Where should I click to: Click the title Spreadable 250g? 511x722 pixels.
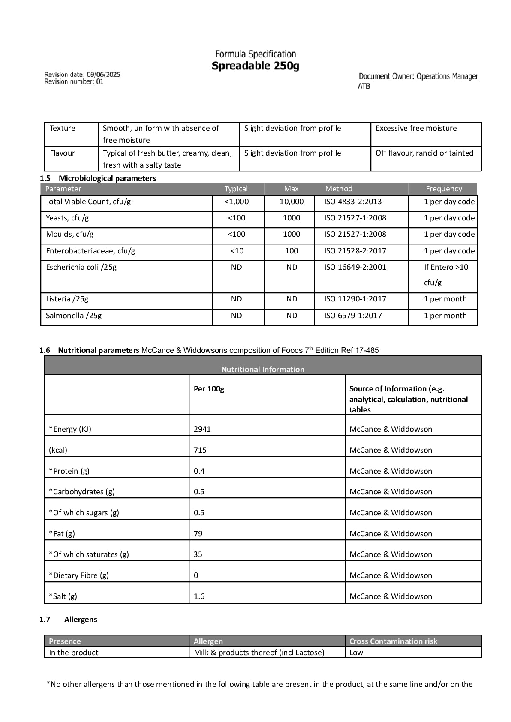(x=255, y=66)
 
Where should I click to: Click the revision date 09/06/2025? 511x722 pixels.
(x=103, y=75)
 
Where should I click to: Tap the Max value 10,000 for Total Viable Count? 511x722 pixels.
(x=291, y=202)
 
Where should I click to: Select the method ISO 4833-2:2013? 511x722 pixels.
(x=353, y=202)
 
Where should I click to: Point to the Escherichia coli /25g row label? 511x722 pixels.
(x=81, y=267)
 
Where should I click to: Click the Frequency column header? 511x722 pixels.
(x=444, y=189)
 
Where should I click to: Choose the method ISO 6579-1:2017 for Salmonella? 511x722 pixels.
(x=353, y=316)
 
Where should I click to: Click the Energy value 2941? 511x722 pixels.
(x=202, y=429)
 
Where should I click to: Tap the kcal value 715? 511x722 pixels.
(x=200, y=450)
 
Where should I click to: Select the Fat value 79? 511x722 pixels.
(x=198, y=534)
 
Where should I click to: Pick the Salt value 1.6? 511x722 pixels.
(x=199, y=596)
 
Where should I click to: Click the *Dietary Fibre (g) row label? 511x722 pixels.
(x=79, y=575)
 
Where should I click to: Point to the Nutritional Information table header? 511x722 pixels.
(x=262, y=369)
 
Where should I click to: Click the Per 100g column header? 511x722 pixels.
(x=209, y=389)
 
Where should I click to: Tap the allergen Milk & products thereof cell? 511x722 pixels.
(x=259, y=653)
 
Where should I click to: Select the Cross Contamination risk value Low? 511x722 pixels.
(x=356, y=653)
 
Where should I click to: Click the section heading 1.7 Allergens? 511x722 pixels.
(x=69, y=620)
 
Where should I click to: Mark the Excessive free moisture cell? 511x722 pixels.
(x=416, y=128)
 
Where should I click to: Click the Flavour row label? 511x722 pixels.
(x=62, y=153)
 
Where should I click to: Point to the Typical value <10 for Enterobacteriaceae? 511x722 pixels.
(x=237, y=251)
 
